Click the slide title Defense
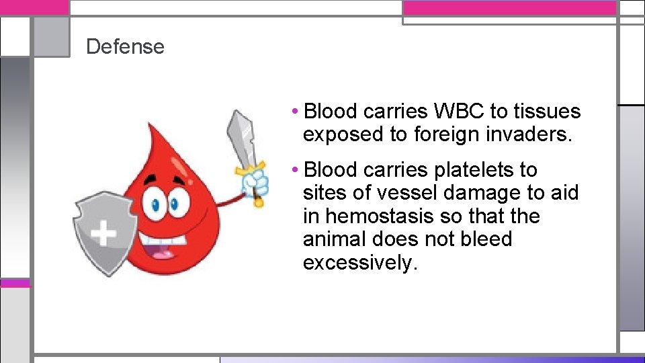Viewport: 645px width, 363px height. tap(125, 46)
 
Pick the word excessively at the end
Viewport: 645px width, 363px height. tap(360, 262)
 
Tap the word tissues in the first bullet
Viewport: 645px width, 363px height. tap(547, 112)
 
